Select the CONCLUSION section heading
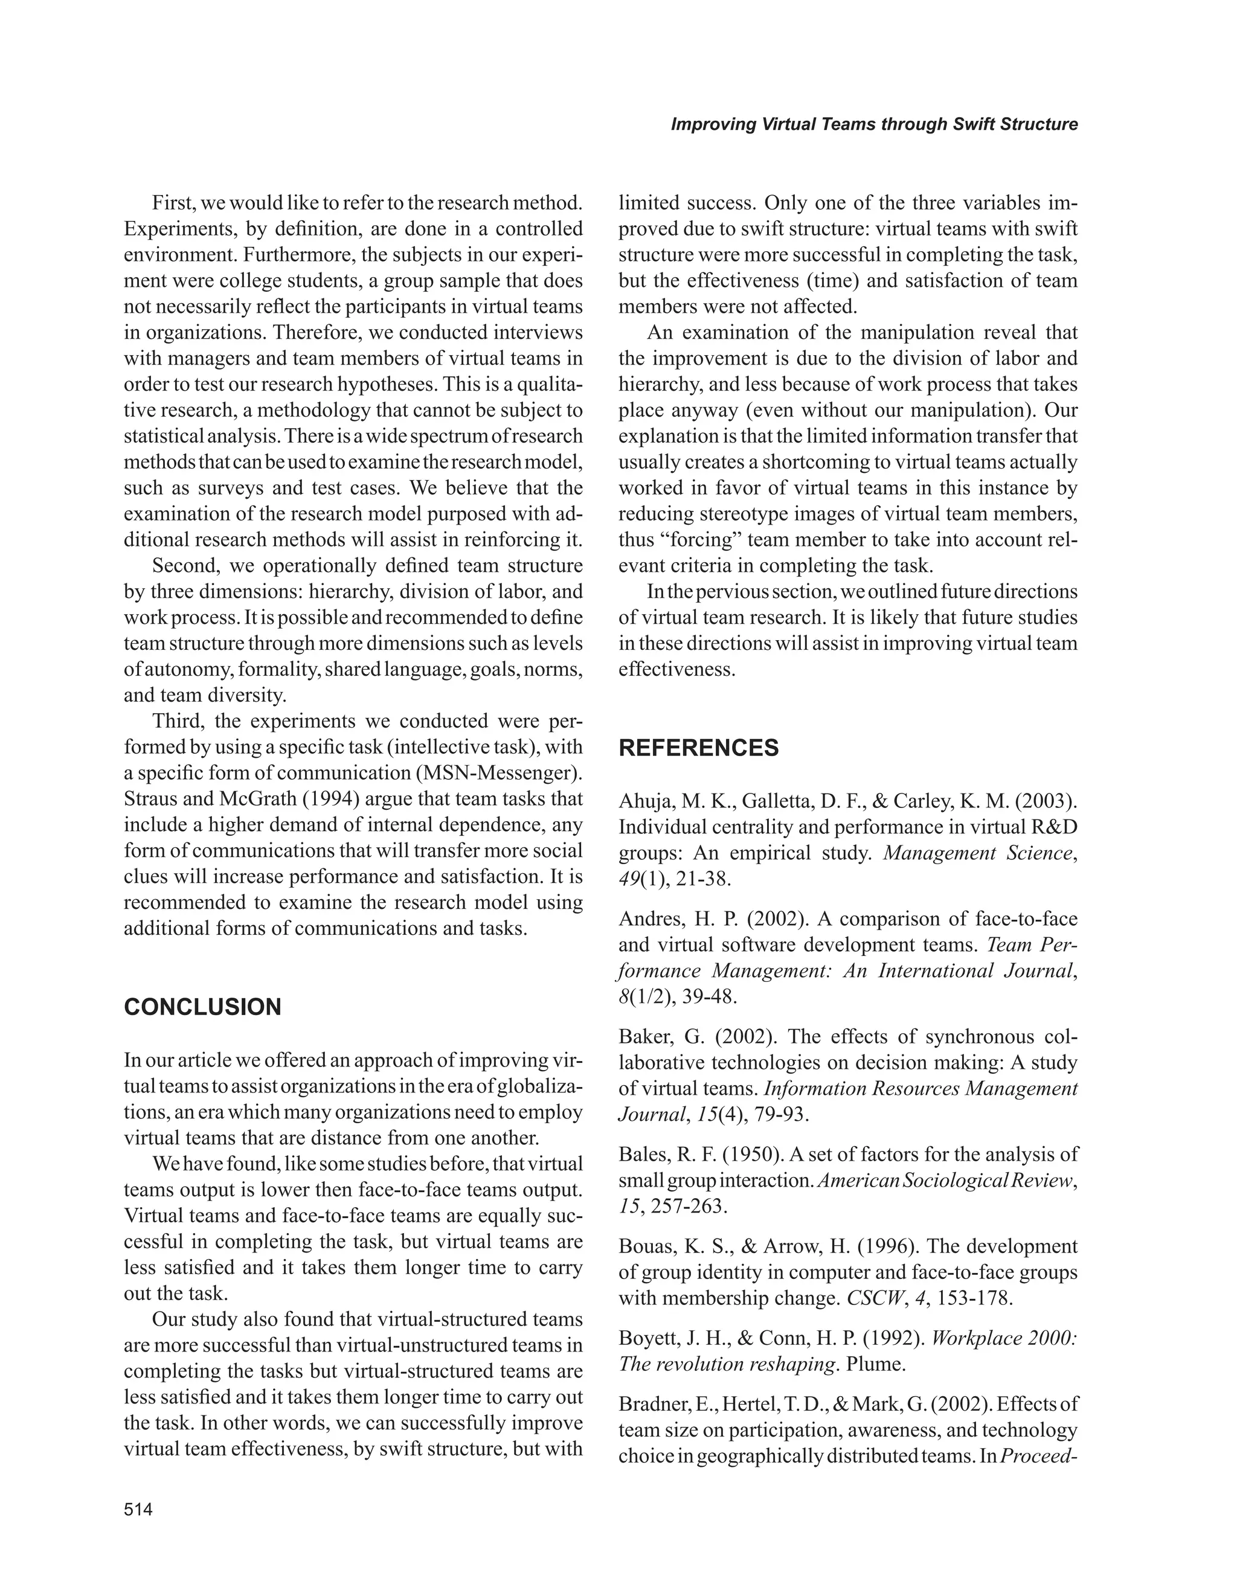(x=202, y=1007)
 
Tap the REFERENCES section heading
(x=698, y=748)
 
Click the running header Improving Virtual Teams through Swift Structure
(x=873, y=124)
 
